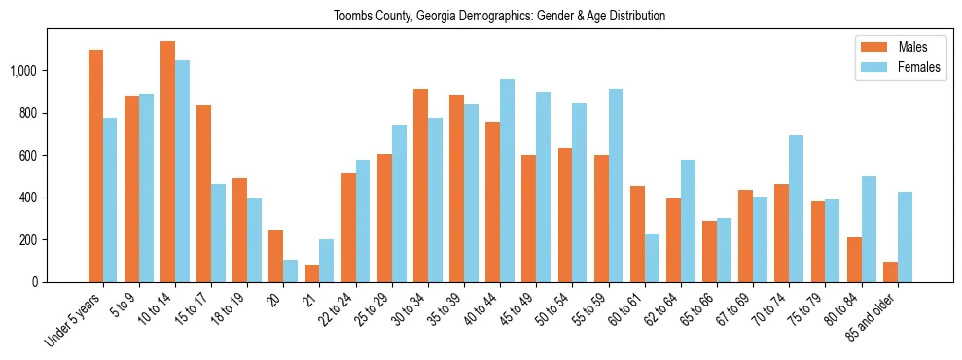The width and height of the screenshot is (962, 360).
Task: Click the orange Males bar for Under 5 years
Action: click(95, 165)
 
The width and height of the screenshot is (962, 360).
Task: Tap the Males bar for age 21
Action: click(312, 273)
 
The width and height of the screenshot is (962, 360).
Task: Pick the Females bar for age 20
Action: click(290, 270)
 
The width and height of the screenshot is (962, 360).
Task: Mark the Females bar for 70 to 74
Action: click(796, 208)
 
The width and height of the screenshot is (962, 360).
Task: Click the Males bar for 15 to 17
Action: click(203, 194)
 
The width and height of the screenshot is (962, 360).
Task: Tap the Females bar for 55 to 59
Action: click(616, 185)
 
